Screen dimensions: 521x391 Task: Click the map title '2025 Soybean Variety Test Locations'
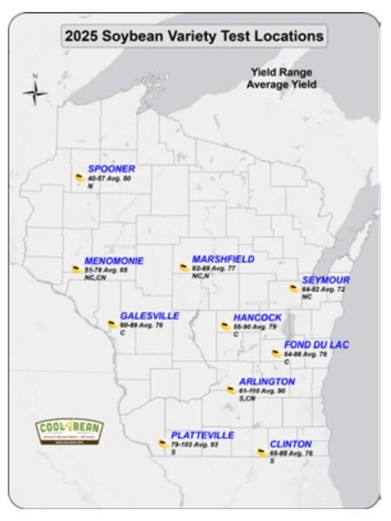click(193, 37)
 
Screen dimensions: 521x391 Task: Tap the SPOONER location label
click(111, 168)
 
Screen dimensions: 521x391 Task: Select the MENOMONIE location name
click(114, 260)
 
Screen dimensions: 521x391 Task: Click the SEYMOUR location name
click(326, 280)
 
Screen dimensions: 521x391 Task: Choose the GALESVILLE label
click(149, 316)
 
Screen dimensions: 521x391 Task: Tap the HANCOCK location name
click(257, 318)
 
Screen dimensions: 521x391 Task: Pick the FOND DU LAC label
click(316, 345)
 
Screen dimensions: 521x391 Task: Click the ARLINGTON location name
click(267, 381)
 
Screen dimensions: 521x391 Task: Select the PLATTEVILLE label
click(202, 434)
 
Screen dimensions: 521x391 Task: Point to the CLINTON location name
click(290, 445)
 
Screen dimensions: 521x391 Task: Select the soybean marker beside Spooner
click(79, 178)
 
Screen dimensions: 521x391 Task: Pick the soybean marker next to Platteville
click(162, 444)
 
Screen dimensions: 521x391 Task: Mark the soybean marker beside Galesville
click(111, 325)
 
